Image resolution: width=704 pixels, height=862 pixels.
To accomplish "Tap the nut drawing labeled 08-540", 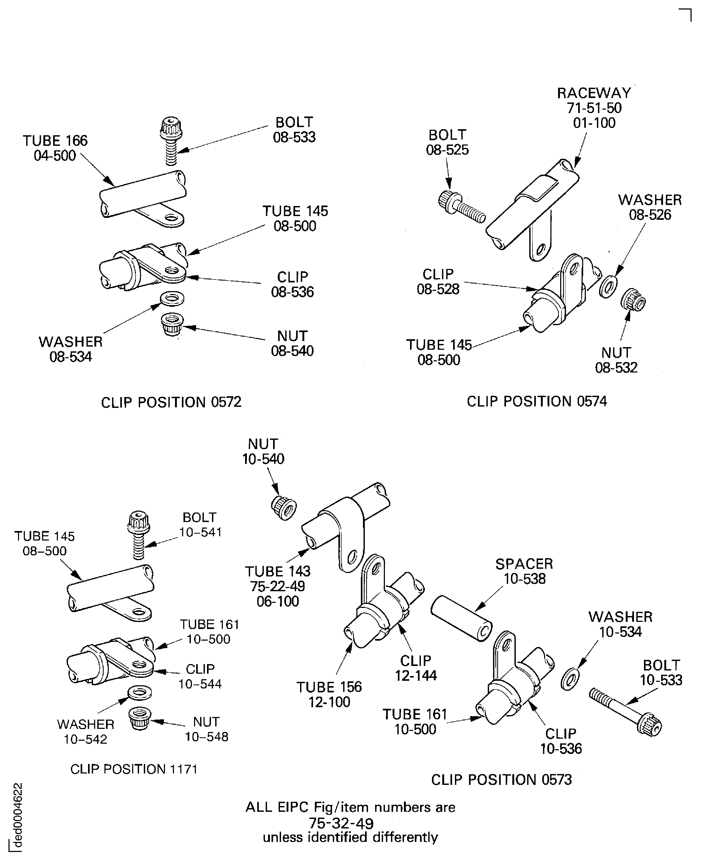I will point(172,324).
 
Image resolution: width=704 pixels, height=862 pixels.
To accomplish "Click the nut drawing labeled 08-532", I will point(633,300).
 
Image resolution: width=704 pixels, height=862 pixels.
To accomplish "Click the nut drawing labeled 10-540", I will point(283,507).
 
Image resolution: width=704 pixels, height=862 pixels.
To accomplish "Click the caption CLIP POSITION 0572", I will point(171,402).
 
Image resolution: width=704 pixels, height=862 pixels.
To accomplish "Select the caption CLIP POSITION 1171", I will point(134,769).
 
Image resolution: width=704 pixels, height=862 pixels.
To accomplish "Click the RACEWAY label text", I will point(594,93).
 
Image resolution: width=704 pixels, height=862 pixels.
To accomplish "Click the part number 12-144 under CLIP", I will point(416,675).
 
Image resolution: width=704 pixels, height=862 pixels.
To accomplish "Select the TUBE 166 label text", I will point(55,141).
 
